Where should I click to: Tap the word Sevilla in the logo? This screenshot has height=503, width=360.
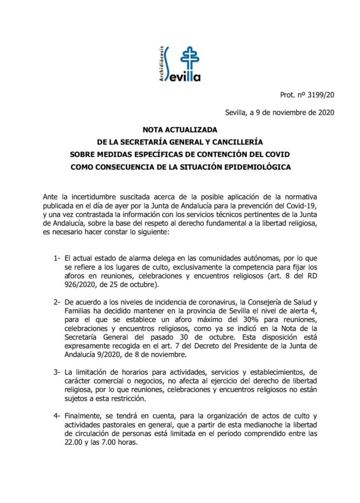point(181,76)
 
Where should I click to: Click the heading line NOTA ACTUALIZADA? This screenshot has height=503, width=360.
point(180,130)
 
